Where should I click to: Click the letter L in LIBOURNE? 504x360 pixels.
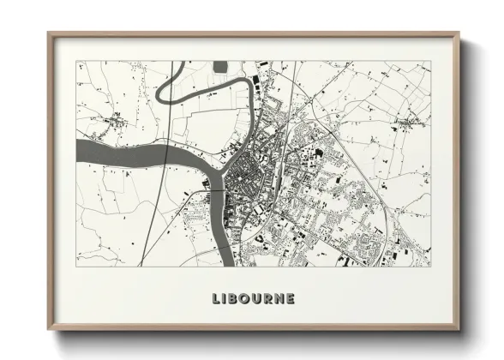click(x=216, y=299)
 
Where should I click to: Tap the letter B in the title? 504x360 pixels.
click(x=234, y=299)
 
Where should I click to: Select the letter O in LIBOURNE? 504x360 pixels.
click(x=246, y=299)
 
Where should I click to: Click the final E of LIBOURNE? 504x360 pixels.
click(x=291, y=299)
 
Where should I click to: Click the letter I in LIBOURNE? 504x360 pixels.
click(x=225, y=299)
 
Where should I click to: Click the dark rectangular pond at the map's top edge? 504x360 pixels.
click(x=221, y=65)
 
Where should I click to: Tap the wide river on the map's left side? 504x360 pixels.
click(x=111, y=154)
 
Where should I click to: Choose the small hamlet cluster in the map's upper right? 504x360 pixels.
click(x=404, y=123)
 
